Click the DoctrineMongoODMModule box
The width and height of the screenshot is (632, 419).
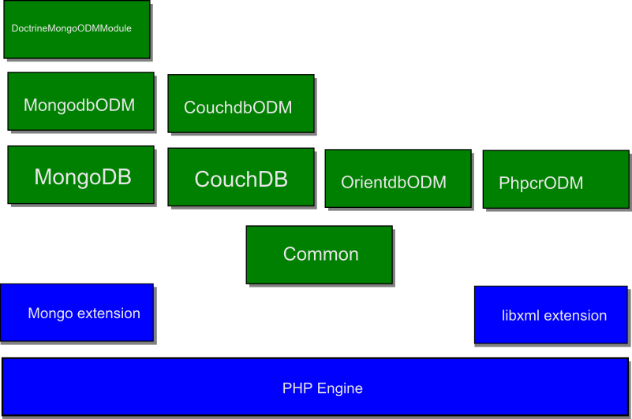pyautogui.click(x=77, y=29)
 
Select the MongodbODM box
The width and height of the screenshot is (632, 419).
pyautogui.click(x=80, y=101)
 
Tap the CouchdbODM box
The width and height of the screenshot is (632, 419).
pyautogui.click(x=241, y=103)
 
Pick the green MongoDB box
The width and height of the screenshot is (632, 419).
pyautogui.click(x=80, y=175)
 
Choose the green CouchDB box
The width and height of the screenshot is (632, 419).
pyautogui.click(x=241, y=177)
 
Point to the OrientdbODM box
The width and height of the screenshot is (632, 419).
pyautogui.click(x=398, y=179)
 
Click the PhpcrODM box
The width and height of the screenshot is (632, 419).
pyautogui.click(x=555, y=180)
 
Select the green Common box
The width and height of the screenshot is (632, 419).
pyautogui.click(x=319, y=254)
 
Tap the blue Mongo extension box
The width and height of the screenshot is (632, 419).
pyautogui.click(x=77, y=313)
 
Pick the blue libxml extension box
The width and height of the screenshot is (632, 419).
pyautogui.click(x=552, y=315)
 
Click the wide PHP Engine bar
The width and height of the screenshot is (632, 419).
pyautogui.click(x=316, y=387)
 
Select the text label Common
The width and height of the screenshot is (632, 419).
pyautogui.click(x=320, y=254)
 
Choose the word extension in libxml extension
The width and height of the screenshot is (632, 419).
pyautogui.click(x=575, y=316)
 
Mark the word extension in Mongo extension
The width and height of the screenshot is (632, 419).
pyautogui.click(x=108, y=313)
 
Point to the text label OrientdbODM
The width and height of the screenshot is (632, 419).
pyautogui.click(x=394, y=183)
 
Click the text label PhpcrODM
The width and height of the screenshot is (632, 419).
pyautogui.click(x=541, y=184)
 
